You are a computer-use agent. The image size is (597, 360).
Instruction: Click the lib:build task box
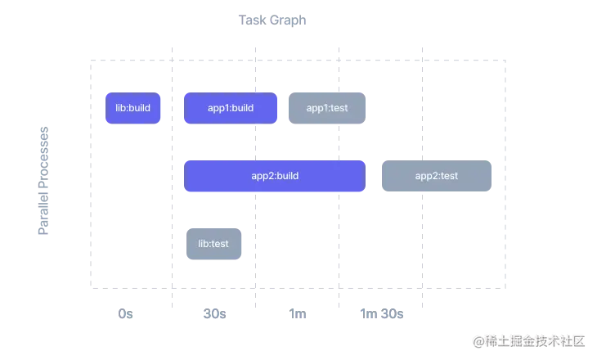(133, 107)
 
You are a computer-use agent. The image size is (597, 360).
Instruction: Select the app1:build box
(231, 107)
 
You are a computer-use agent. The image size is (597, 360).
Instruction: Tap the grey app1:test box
(326, 107)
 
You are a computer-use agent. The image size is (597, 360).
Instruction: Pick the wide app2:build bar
(274, 176)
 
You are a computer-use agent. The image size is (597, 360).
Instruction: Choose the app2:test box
(437, 176)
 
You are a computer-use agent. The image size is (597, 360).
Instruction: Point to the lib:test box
(213, 243)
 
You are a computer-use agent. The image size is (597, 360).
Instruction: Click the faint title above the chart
(270, 18)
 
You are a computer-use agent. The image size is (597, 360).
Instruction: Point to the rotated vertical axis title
(45, 180)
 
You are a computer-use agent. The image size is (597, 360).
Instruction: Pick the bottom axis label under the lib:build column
(127, 314)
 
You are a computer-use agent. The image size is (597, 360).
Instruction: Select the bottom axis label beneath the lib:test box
(215, 314)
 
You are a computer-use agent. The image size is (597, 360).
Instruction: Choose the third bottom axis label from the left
(298, 314)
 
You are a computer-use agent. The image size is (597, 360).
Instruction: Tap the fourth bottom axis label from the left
(382, 314)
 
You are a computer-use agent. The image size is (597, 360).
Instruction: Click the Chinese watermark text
(536, 340)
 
